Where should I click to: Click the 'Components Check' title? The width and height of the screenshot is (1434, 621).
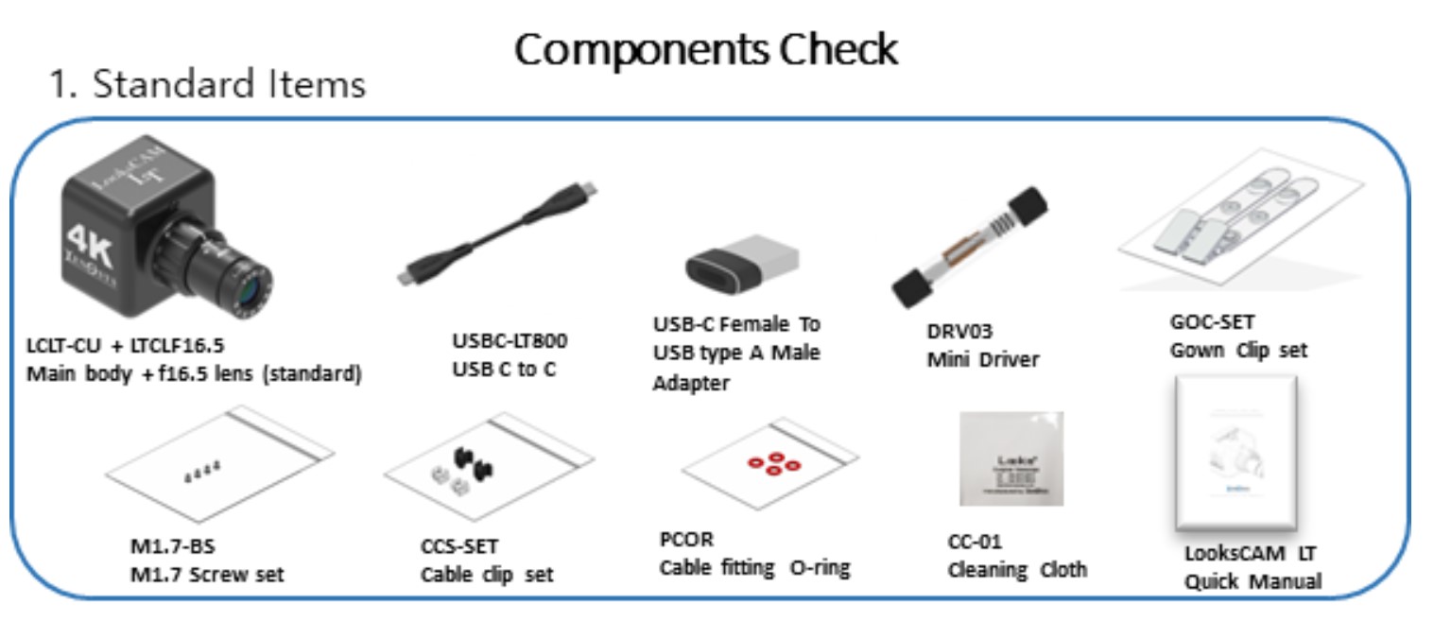(705, 49)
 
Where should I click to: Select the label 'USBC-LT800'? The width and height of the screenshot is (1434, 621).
(510, 341)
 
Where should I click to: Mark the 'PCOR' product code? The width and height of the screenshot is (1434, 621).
(686, 540)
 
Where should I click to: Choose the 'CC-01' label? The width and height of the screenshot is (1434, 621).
(974, 542)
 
